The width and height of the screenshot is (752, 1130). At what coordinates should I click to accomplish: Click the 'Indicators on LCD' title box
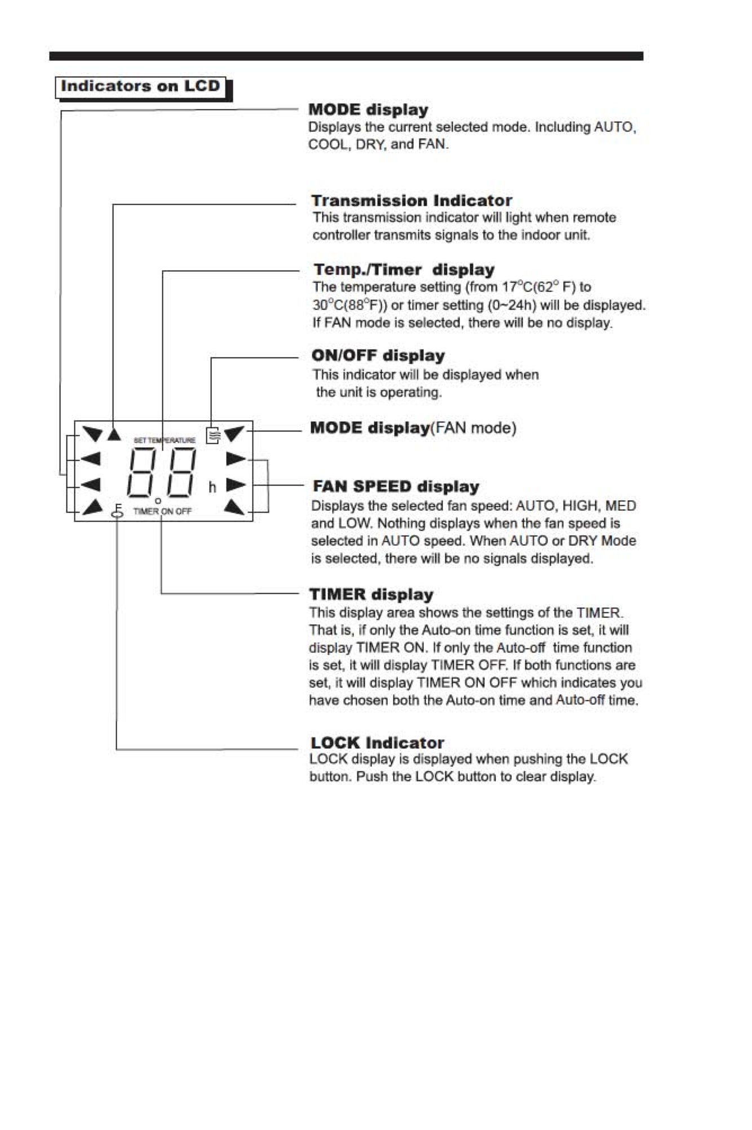click(140, 87)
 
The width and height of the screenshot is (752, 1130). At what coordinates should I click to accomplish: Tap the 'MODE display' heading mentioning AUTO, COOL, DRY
click(368, 110)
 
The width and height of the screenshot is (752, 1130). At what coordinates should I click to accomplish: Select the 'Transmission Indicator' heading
click(412, 201)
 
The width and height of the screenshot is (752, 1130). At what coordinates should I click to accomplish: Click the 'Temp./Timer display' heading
click(404, 270)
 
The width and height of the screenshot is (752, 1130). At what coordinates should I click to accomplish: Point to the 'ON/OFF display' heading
click(378, 356)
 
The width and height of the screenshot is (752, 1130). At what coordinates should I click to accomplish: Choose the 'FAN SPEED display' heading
click(396, 487)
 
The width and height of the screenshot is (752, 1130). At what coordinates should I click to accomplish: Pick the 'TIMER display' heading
click(371, 594)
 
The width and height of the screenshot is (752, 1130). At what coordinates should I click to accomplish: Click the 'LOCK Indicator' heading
click(377, 743)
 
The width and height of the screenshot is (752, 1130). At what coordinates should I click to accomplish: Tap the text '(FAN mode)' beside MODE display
click(474, 428)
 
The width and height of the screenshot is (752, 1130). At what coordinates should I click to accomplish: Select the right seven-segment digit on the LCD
click(181, 473)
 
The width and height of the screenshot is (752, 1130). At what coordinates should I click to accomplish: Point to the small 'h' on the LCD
click(213, 487)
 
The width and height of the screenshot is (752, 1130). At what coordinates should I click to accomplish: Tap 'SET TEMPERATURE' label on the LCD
click(165, 440)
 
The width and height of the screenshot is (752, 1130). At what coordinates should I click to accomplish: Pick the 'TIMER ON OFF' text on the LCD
click(162, 511)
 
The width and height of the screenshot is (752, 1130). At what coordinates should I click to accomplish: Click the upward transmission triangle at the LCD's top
click(114, 434)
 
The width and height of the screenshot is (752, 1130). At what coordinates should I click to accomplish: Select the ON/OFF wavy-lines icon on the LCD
click(213, 435)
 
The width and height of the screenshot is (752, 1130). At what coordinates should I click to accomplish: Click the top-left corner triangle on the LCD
click(93, 434)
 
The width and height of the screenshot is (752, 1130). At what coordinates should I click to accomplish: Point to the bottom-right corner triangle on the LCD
click(235, 507)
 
